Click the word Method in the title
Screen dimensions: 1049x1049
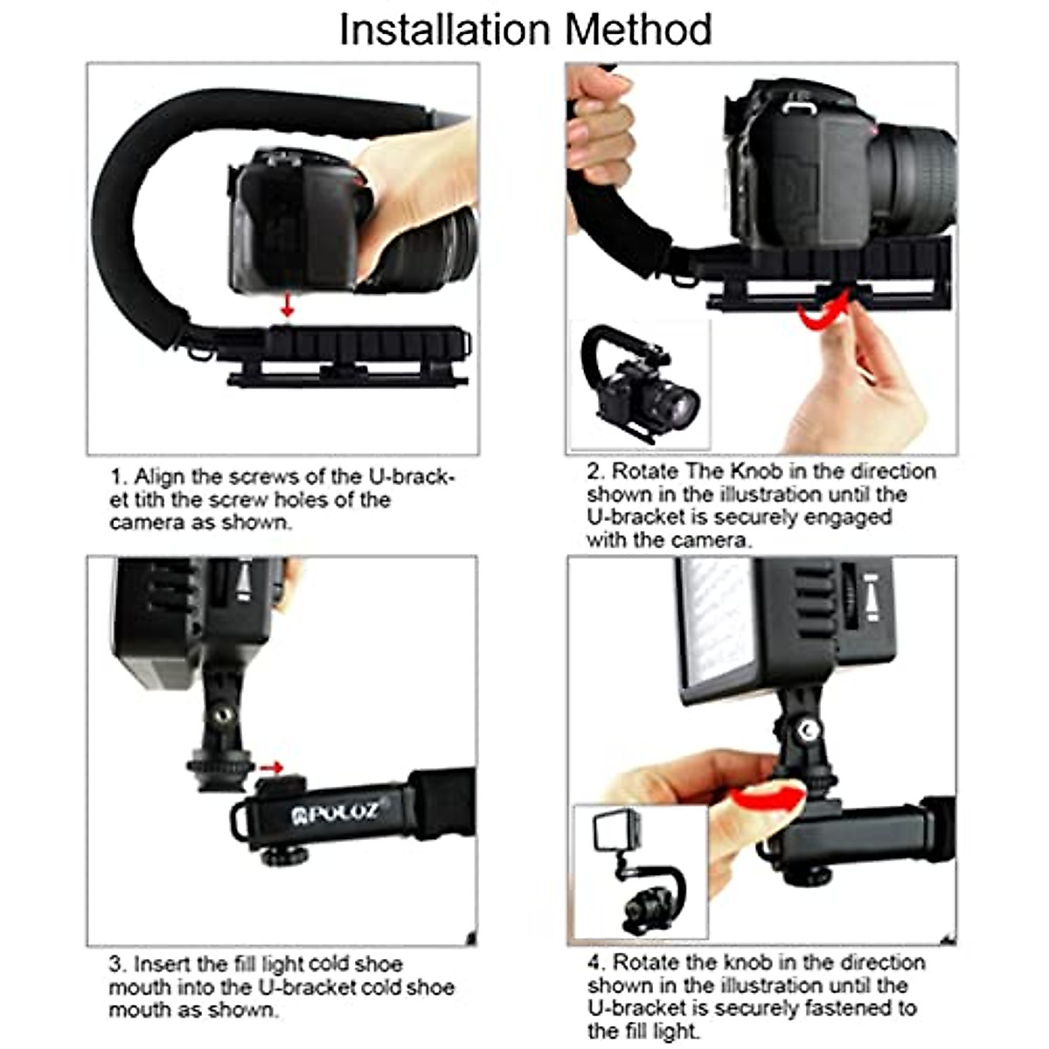(638, 30)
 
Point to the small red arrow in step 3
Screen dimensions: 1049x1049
(273, 768)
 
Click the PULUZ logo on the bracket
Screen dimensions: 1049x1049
(337, 813)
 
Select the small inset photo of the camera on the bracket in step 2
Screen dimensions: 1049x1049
(640, 386)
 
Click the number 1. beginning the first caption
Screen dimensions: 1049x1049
(119, 477)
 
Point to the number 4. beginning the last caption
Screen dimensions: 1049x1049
(596, 962)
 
